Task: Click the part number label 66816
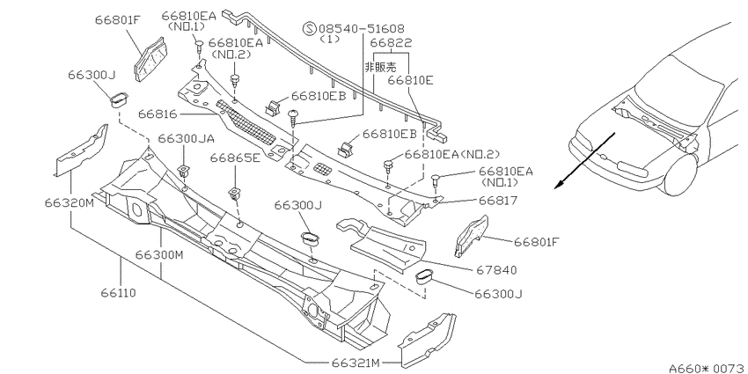coord(158,114)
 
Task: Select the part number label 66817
coord(498,201)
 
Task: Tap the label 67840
coord(496,270)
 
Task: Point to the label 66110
coord(118,292)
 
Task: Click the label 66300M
coord(159,254)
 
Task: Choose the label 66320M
coord(70,202)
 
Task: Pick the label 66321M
coord(356,363)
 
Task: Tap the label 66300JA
coord(186,139)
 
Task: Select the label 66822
coord(392,43)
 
